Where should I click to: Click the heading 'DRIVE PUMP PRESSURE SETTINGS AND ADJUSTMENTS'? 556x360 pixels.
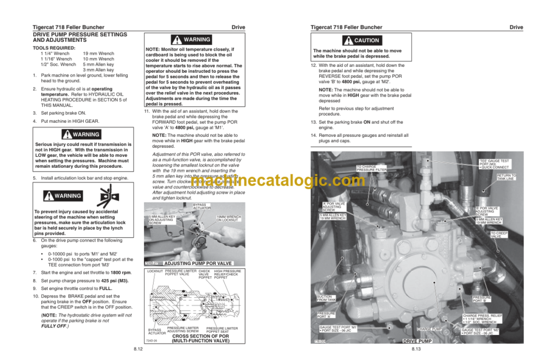pos(80,37)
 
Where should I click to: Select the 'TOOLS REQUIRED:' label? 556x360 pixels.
pos(52,48)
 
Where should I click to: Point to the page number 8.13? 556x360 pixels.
pos(416,349)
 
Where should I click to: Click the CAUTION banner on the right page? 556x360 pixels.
pos(361,40)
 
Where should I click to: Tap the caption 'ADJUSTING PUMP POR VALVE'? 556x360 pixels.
pos(190,263)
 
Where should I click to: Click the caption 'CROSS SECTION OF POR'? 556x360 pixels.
pos(200,336)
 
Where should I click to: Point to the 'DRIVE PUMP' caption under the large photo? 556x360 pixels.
pos(418,341)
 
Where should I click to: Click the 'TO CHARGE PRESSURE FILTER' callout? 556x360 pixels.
pos(371,168)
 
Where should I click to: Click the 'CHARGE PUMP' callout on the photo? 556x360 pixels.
pos(429,329)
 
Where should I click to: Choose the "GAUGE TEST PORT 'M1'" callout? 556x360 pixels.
pos(338,329)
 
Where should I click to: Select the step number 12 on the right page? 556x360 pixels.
pos(313,65)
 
